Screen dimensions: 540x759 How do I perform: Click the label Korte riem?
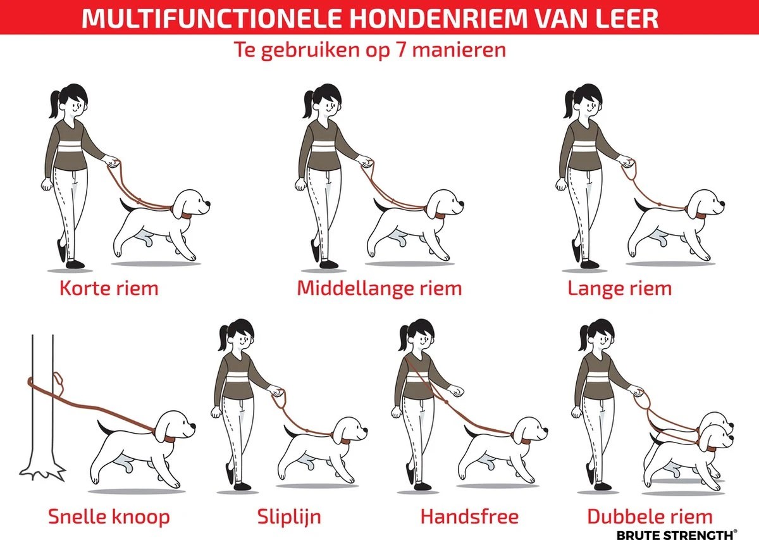point(108,289)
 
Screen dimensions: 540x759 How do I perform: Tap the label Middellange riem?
point(379,289)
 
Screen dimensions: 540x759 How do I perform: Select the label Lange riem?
point(619,289)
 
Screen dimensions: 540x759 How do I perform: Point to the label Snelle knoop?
point(109,517)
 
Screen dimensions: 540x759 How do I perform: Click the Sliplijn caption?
point(289,517)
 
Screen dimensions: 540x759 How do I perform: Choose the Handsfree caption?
point(469,517)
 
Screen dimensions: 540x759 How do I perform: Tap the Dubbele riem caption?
point(650,517)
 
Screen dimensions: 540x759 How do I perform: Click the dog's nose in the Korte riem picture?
point(207,205)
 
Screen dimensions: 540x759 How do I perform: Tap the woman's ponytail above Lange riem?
point(570,104)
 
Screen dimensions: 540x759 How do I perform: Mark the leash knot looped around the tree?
point(57,382)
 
